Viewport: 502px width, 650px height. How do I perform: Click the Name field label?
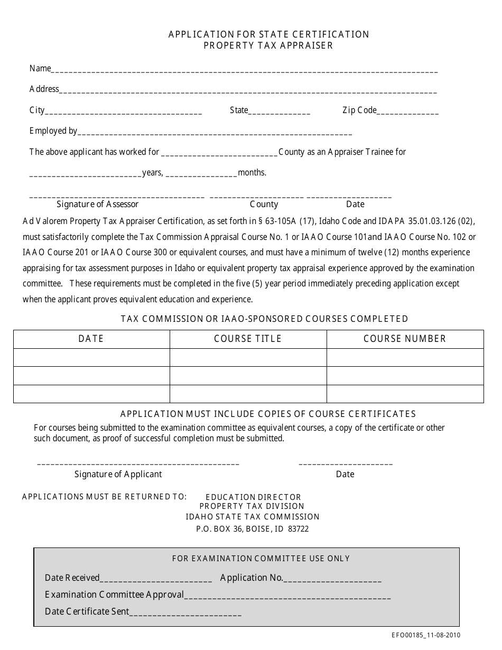click(x=40, y=68)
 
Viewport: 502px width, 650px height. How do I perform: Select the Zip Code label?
click(x=359, y=110)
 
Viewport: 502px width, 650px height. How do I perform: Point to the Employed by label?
click(x=53, y=131)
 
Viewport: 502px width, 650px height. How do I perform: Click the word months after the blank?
click(x=252, y=172)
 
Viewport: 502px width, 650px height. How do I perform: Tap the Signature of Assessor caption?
click(x=98, y=204)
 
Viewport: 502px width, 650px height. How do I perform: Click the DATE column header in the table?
click(x=91, y=339)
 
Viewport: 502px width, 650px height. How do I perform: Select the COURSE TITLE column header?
click(x=248, y=339)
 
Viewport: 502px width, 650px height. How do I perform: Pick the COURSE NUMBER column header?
click(x=405, y=339)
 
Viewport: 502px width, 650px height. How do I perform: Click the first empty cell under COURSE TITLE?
click(x=248, y=357)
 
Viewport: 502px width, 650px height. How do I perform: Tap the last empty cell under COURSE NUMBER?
click(x=405, y=394)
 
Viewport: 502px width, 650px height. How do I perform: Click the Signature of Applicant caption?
click(x=118, y=474)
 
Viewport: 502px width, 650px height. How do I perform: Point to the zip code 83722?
click(x=299, y=528)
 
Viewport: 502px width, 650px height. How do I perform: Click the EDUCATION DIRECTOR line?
click(x=253, y=497)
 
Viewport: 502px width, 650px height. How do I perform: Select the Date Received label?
click(x=72, y=578)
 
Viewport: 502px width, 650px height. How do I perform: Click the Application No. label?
click(x=252, y=578)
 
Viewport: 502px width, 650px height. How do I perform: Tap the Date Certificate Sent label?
click(x=87, y=611)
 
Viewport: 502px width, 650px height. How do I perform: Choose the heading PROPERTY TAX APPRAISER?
click(x=268, y=45)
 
